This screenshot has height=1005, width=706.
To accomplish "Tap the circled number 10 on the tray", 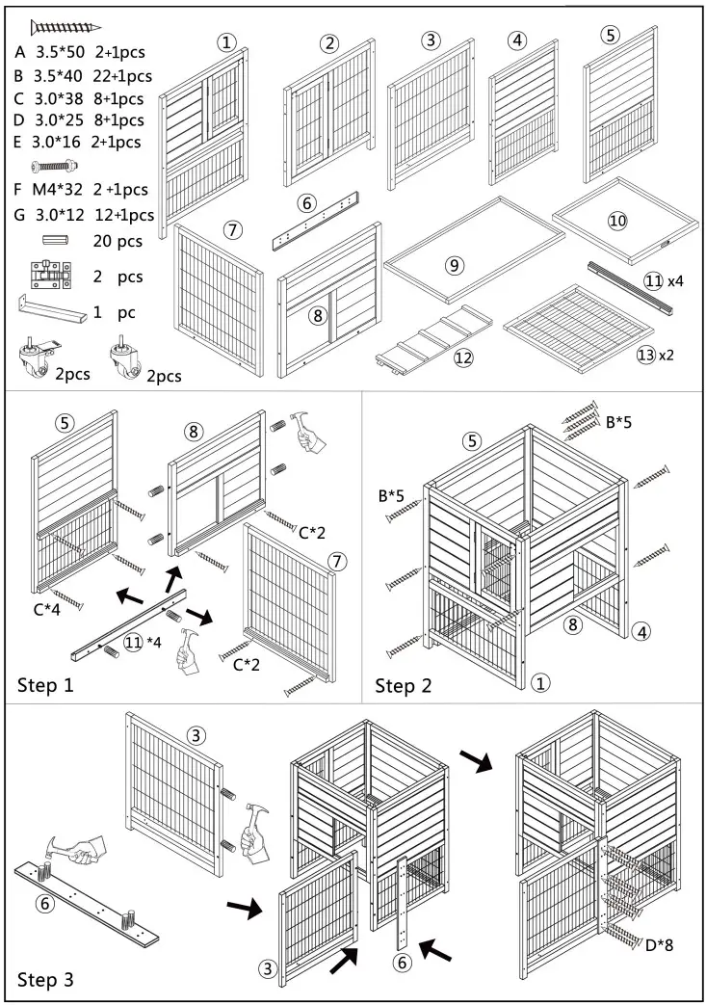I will [x=617, y=221].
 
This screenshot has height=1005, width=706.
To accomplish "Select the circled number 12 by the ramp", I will [x=463, y=358].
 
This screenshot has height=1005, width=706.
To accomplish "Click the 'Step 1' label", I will [x=46, y=686].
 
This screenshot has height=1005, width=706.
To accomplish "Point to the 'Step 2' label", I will [x=404, y=686].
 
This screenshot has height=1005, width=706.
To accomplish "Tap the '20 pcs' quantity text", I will [x=118, y=241].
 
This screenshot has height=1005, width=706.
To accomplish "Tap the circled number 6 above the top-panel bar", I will [x=306, y=203].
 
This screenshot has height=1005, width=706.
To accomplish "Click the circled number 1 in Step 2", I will [x=540, y=684].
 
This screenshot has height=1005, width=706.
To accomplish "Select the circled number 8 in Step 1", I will [x=196, y=431].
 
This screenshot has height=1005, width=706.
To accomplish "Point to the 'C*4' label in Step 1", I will [x=45, y=608].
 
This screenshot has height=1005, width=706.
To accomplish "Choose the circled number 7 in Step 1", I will [x=336, y=560].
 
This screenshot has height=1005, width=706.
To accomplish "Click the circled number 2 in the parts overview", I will [x=330, y=43].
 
